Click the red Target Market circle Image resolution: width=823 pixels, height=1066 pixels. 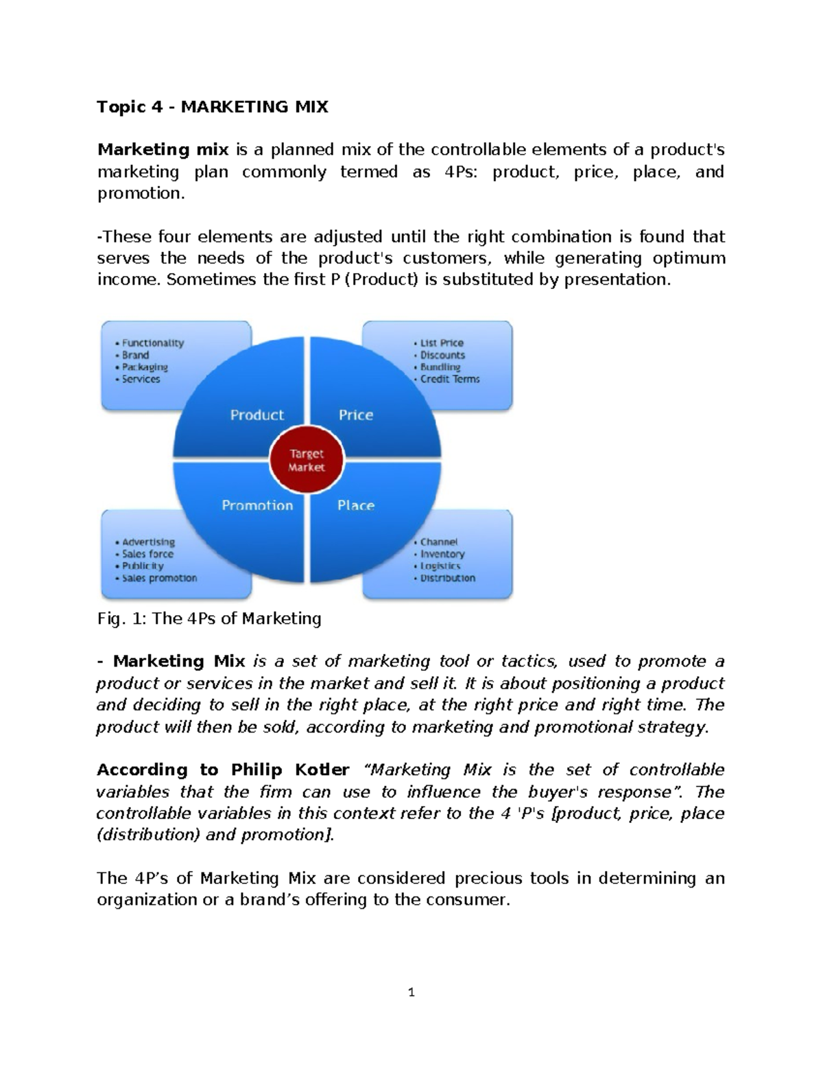coord(307,461)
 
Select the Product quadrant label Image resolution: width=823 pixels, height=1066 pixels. coord(257,415)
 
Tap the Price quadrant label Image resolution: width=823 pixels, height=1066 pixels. coord(356,415)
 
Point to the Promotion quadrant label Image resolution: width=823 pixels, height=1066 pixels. coord(257,505)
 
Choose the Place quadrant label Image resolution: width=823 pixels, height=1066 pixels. coord(356,505)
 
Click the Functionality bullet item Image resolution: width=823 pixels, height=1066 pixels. coord(153,343)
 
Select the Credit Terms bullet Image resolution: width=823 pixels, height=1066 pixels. coord(450,379)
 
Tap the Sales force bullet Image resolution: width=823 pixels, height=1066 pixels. coord(147,554)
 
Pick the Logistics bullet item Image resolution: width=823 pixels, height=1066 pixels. coord(440,566)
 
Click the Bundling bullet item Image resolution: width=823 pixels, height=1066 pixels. coord(440,367)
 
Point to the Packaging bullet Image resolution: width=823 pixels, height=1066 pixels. coord(145,367)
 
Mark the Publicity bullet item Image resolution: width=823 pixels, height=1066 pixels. coord(143,566)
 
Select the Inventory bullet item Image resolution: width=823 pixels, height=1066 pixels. coord(442,554)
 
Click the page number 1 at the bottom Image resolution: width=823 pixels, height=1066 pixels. coord(411,992)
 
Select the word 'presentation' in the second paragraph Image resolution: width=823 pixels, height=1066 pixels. coord(615,279)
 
